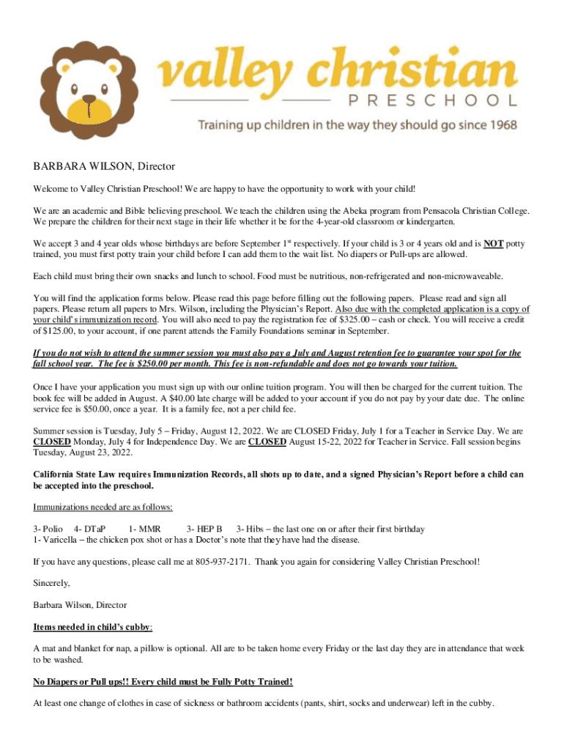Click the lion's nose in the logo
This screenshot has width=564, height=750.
coord(89,99)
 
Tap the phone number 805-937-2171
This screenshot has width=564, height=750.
coord(223,562)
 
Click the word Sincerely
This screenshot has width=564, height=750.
coord(52,583)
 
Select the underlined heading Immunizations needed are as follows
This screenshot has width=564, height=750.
coord(103,507)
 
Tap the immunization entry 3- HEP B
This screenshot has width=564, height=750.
coord(204,529)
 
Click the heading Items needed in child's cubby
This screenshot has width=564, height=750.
coord(93,627)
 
